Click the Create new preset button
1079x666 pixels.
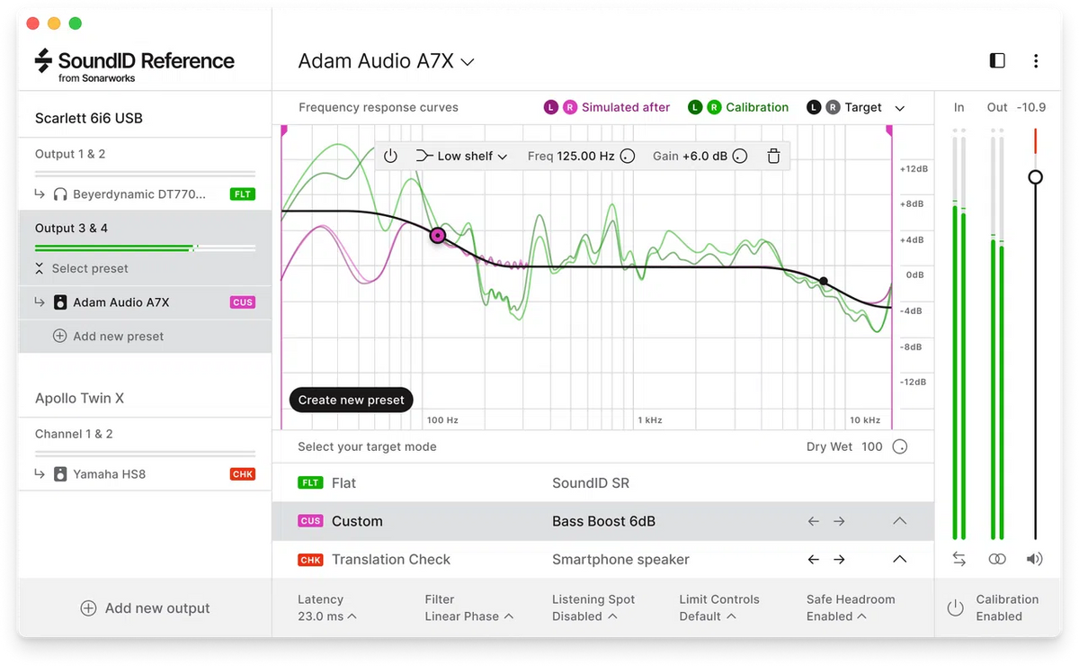click(x=351, y=400)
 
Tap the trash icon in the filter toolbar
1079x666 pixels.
click(x=773, y=156)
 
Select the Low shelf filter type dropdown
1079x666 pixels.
click(x=462, y=156)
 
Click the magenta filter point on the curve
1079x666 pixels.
click(x=438, y=236)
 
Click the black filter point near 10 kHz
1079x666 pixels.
click(x=824, y=281)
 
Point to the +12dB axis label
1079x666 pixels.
click(x=913, y=169)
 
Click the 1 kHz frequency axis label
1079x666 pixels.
click(x=649, y=420)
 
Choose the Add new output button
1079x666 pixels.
click(x=145, y=608)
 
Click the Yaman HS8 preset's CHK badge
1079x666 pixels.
click(x=243, y=474)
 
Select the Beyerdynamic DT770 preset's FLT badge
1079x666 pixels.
click(x=243, y=193)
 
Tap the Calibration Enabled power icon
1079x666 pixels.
click(x=955, y=608)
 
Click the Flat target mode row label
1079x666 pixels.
click(x=343, y=483)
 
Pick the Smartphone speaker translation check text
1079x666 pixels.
click(x=620, y=560)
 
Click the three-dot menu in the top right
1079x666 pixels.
click(x=1036, y=61)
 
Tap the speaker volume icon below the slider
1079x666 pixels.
click(x=1035, y=559)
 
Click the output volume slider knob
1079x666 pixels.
click(x=1035, y=177)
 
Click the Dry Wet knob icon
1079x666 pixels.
click(x=899, y=446)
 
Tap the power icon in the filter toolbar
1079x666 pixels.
click(x=390, y=156)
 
